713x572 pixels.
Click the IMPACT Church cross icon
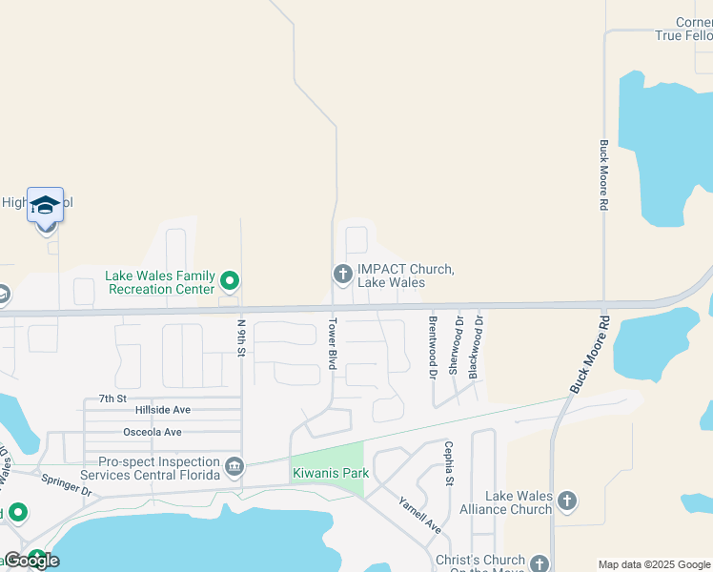coord(343,275)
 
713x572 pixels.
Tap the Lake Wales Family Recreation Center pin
coord(229,281)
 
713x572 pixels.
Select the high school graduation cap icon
coord(45,205)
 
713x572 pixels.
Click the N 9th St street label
coord(241,338)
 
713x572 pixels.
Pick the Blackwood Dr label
coord(479,344)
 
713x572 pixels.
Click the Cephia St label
coord(447,462)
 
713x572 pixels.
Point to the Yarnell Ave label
coord(419,515)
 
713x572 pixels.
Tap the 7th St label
coord(112,398)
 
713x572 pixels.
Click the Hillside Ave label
coord(163,410)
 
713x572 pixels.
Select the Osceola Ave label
coord(153,432)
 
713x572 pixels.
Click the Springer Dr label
coord(66,484)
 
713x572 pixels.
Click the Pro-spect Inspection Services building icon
coord(234,467)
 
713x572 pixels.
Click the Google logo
coord(31,561)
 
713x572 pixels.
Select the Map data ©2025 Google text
coord(654,564)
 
